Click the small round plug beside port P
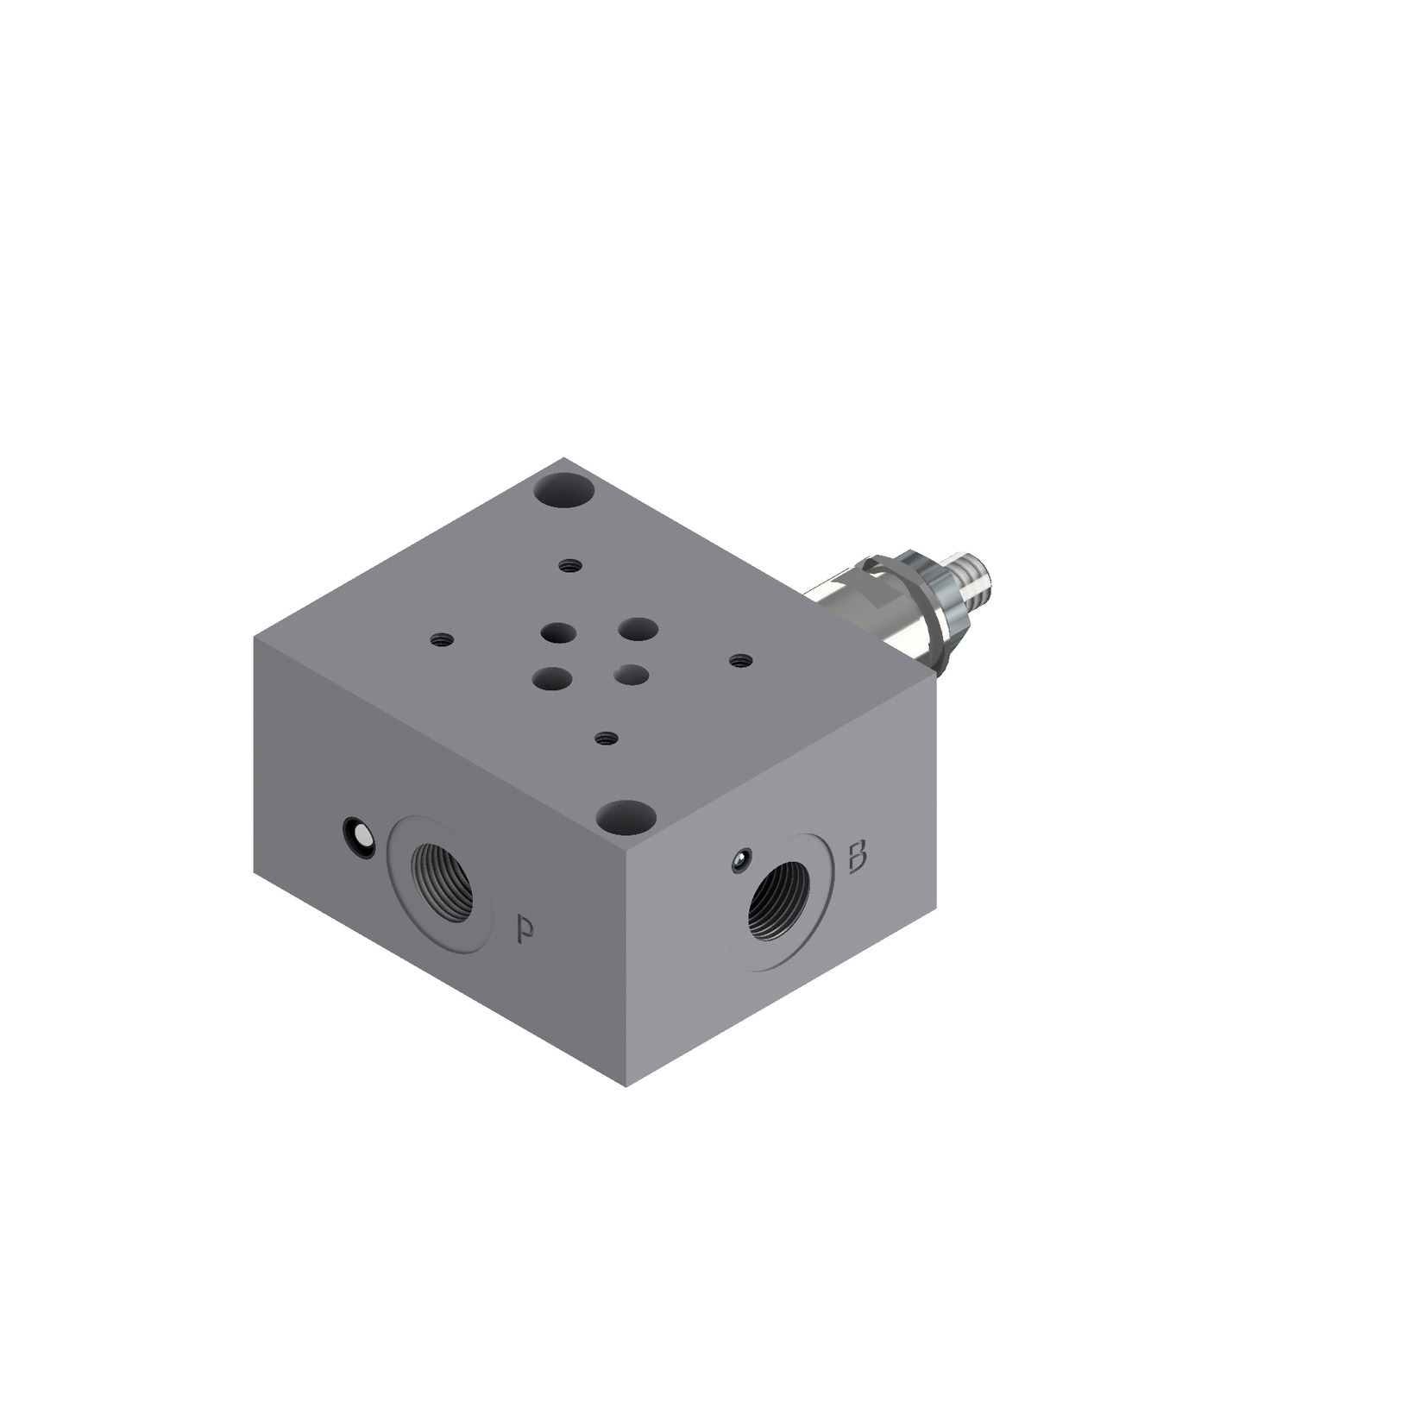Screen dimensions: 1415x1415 click(358, 836)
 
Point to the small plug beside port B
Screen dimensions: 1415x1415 click(739, 859)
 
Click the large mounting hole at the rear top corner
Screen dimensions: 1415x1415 click(565, 495)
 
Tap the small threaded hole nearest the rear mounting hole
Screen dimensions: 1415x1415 click(568, 566)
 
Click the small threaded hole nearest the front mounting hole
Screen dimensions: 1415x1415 click(607, 738)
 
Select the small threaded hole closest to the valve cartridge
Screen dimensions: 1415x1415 click(739, 661)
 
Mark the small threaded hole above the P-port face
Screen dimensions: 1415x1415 click(442, 640)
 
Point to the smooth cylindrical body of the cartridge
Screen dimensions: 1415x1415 click(854, 609)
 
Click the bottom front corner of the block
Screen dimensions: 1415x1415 click(626, 1086)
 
